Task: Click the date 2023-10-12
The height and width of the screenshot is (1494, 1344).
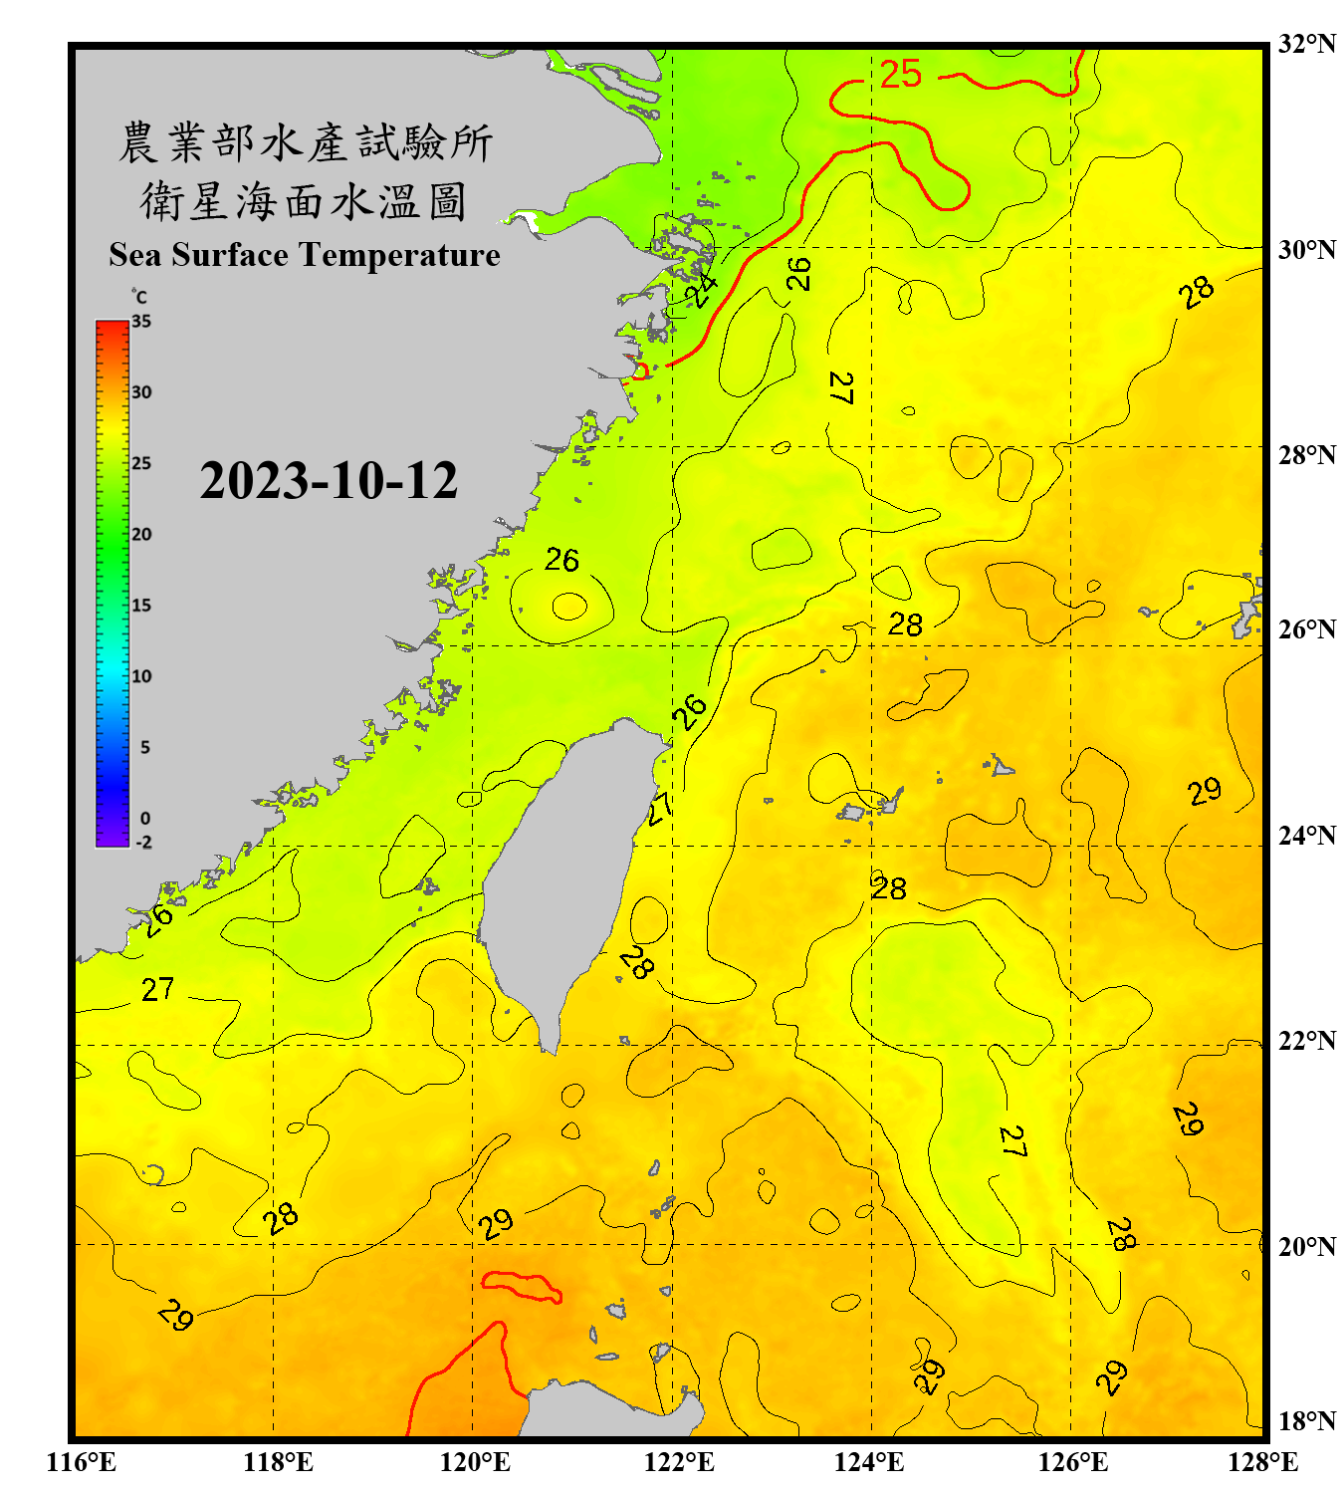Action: pyautogui.click(x=329, y=481)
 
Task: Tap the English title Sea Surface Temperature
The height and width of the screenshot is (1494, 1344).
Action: pyautogui.click(x=305, y=255)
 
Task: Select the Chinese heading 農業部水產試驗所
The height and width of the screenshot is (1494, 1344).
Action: pyautogui.click(x=305, y=142)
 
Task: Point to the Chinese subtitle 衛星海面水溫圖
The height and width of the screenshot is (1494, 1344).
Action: pyautogui.click(x=305, y=201)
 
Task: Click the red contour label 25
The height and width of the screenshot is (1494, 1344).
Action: pyautogui.click(x=900, y=75)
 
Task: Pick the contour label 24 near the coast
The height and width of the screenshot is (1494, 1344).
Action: pyautogui.click(x=701, y=289)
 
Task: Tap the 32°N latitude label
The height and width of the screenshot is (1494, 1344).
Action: pyautogui.click(x=1306, y=44)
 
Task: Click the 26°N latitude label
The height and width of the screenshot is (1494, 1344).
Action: pyautogui.click(x=1306, y=629)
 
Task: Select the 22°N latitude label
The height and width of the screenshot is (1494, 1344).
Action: pyautogui.click(x=1306, y=1041)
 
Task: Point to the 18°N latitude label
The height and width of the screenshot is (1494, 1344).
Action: pyautogui.click(x=1306, y=1421)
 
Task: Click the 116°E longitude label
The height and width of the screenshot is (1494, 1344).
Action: pyautogui.click(x=82, y=1462)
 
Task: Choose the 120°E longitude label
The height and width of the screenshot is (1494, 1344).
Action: pyautogui.click(x=475, y=1462)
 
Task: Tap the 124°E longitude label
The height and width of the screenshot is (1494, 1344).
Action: pyautogui.click(x=869, y=1462)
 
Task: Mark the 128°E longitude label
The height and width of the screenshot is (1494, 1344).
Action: pyautogui.click(x=1262, y=1462)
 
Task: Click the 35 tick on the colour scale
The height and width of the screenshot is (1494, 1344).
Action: pyautogui.click(x=141, y=322)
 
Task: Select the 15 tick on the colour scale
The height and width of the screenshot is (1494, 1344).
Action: pyautogui.click(x=141, y=606)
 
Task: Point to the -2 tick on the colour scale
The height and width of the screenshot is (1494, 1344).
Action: pyautogui.click(x=143, y=843)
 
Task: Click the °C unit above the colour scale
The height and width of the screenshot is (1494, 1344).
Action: pyautogui.click(x=138, y=297)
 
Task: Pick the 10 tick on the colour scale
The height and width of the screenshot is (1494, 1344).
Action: pyautogui.click(x=141, y=676)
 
